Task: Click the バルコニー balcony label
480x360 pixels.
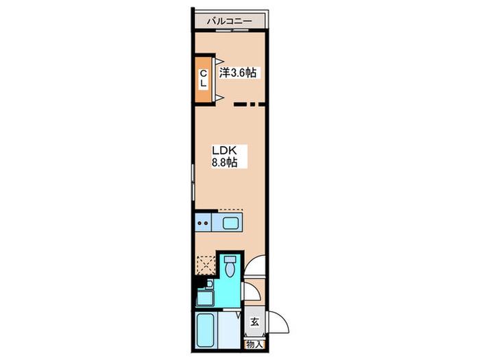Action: (229, 21)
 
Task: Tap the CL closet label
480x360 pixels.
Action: (204, 78)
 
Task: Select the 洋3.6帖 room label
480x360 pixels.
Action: (238, 73)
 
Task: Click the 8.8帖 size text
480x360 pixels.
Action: (225, 163)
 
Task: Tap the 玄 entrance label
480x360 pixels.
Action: (255, 322)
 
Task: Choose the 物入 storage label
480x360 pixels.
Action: (254, 345)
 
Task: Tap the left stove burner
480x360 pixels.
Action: (200, 223)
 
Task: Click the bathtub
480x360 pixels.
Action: (205, 329)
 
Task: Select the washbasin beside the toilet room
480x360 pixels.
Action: (205, 298)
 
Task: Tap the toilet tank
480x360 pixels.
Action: (230, 260)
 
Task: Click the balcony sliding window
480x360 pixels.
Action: (232, 30)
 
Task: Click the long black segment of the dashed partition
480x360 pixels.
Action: (240, 104)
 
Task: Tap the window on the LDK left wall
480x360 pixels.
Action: (193, 182)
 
